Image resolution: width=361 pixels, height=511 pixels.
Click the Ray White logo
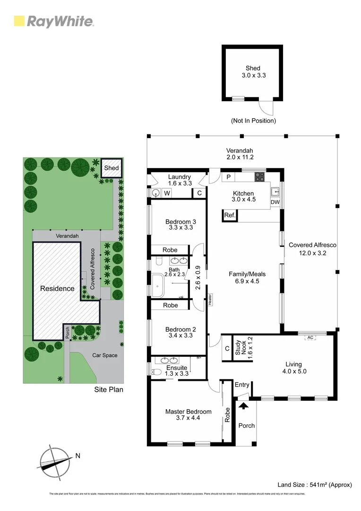pos(54,21)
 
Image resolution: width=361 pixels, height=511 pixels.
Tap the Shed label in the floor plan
pos(253,68)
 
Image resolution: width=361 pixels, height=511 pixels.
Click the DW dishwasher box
pos(275,203)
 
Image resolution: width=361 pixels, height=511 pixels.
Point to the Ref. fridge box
pos(230,216)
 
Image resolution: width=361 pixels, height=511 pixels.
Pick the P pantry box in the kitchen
pos(229,177)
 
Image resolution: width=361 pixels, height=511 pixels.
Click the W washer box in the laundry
pos(167,193)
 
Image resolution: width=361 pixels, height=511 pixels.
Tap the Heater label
pos(209,300)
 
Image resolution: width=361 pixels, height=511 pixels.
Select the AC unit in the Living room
pos(310,337)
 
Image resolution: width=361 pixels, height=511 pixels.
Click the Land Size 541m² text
pos(315,485)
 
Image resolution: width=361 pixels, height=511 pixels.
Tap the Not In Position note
pos(253,121)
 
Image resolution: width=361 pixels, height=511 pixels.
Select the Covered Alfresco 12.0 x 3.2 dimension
pos(312,253)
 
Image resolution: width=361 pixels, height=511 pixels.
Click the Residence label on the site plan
pos(57,288)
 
